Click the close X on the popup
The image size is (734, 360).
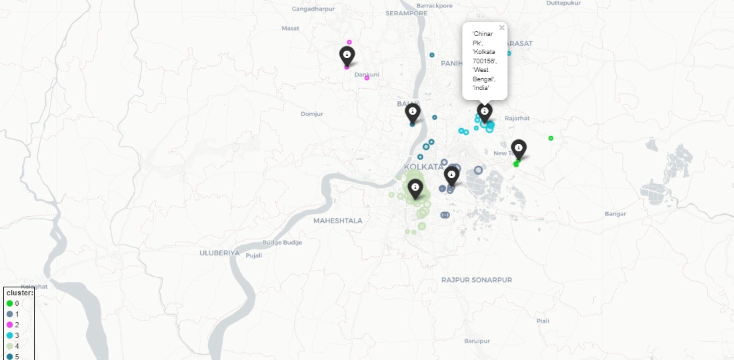pyautogui.click(x=502, y=28)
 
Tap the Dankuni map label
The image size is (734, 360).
pyautogui.click(x=367, y=74)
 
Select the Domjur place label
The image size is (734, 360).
pyautogui.click(x=311, y=114)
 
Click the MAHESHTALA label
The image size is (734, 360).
pyautogui.click(x=338, y=220)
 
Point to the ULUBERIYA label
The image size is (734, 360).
pyautogui.click(x=219, y=253)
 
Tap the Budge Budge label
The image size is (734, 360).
pyautogui.click(x=282, y=242)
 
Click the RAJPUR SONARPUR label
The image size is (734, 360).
pyautogui.click(x=477, y=280)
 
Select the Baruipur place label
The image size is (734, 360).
pyautogui.click(x=477, y=341)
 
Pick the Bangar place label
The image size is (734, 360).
pyautogui.click(x=615, y=214)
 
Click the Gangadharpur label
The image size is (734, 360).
pyautogui.click(x=313, y=9)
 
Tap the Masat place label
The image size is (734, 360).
pyautogui.click(x=290, y=28)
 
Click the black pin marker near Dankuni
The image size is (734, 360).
pyautogui.click(x=347, y=55)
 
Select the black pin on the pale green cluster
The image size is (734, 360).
pyautogui.click(x=415, y=189)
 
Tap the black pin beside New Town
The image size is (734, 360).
pyautogui.click(x=518, y=149)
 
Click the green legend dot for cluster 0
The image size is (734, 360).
pyautogui.click(x=9, y=303)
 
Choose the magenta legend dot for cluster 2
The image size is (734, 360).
pyautogui.click(x=9, y=324)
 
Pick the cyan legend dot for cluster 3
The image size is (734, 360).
pyautogui.click(x=9, y=335)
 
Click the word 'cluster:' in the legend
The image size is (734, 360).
pyautogui.click(x=19, y=293)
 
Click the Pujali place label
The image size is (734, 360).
pyautogui.click(x=254, y=255)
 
